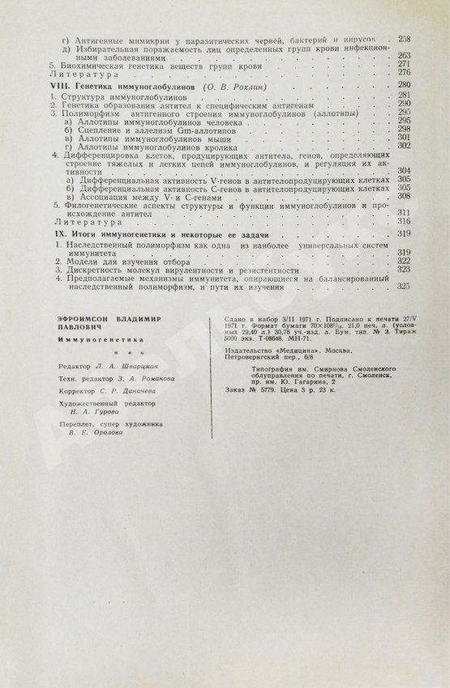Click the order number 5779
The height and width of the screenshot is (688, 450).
click(x=259, y=388)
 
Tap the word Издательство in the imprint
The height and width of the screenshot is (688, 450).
click(x=256, y=350)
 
